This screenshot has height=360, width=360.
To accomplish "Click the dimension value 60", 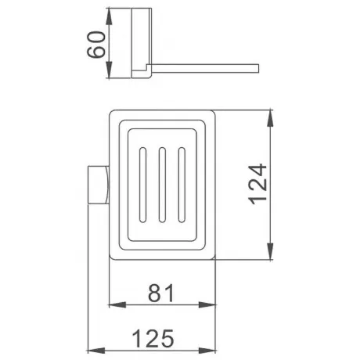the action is (96, 45).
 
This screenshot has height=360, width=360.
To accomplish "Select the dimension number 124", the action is (257, 184).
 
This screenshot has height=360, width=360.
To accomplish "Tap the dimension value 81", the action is (161, 293).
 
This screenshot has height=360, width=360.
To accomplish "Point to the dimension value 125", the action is (153, 338).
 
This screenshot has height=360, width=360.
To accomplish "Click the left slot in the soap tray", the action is (142, 185).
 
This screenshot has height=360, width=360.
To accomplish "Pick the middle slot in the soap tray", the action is (162, 185).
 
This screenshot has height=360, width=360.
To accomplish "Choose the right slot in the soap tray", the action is (182, 185).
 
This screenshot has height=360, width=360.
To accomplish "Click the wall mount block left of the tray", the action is (99, 185).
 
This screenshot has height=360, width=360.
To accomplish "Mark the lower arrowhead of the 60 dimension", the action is (109, 70).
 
